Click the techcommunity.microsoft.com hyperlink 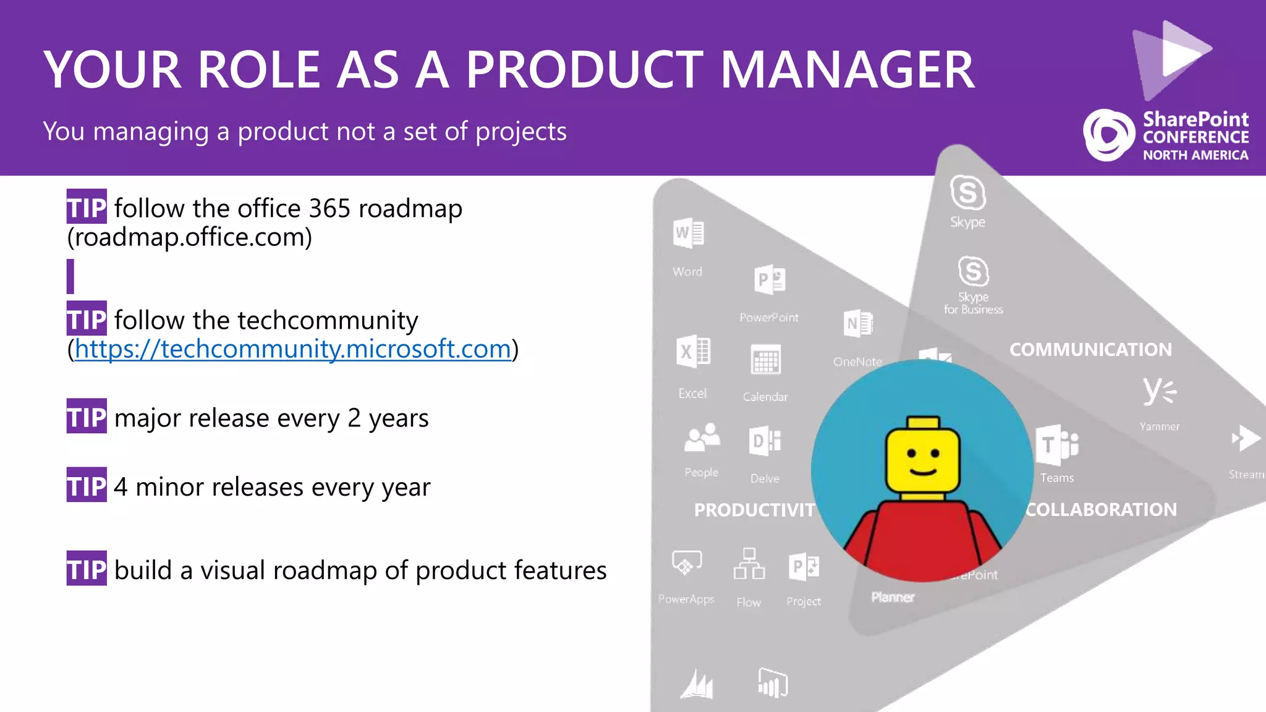[x=293, y=349]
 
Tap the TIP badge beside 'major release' [x=87, y=417]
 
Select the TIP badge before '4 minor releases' [x=87, y=486]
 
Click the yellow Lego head [x=923, y=456]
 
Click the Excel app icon [x=693, y=352]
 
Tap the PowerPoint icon [x=770, y=280]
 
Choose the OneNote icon [x=858, y=324]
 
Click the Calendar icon [x=765, y=360]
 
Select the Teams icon [x=1056, y=445]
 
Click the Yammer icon [x=1159, y=392]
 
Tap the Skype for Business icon [x=973, y=271]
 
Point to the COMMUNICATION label [x=1090, y=350]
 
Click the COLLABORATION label [x=1101, y=510]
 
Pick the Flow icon [x=749, y=564]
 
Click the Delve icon [x=765, y=441]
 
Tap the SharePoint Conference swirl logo [x=1108, y=135]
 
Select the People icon [x=702, y=438]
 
